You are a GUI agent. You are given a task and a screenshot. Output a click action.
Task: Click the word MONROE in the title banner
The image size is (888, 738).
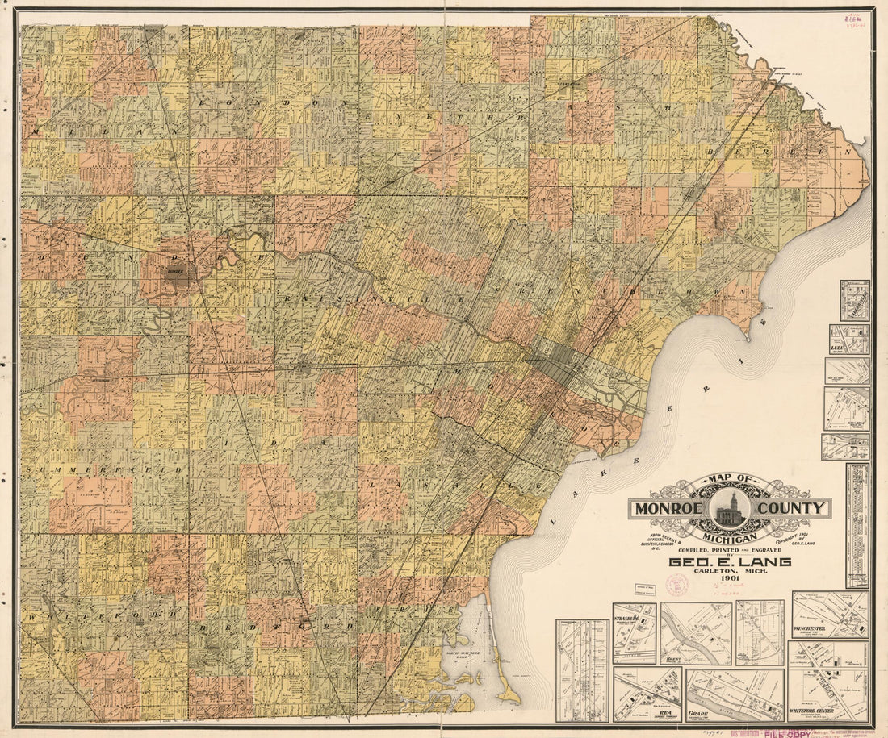click(670, 508)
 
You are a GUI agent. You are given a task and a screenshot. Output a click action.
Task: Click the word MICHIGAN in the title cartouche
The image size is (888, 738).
click(730, 537)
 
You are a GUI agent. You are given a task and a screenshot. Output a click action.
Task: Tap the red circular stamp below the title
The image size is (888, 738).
click(676, 585)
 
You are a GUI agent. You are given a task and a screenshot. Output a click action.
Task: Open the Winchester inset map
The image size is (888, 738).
click(830, 615)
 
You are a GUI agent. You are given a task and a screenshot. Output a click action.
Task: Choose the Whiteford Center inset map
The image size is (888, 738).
click(828, 682)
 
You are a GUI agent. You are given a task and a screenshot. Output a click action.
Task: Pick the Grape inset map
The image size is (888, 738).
click(735, 695)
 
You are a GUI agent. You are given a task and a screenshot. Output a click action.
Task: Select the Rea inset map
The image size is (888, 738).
click(647, 694)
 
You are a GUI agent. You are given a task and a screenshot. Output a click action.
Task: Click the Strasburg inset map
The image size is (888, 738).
click(635, 634)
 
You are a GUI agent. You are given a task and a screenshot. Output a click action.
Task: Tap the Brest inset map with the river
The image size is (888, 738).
click(696, 634)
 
